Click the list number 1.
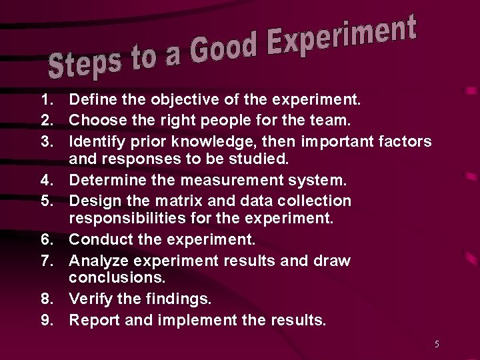coord(46,101)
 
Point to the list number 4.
coord(46,180)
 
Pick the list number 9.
coord(46,320)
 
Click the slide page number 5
coord(437,344)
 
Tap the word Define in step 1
coord(91,101)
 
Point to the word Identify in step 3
coord(96,141)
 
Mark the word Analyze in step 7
coord(97,260)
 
